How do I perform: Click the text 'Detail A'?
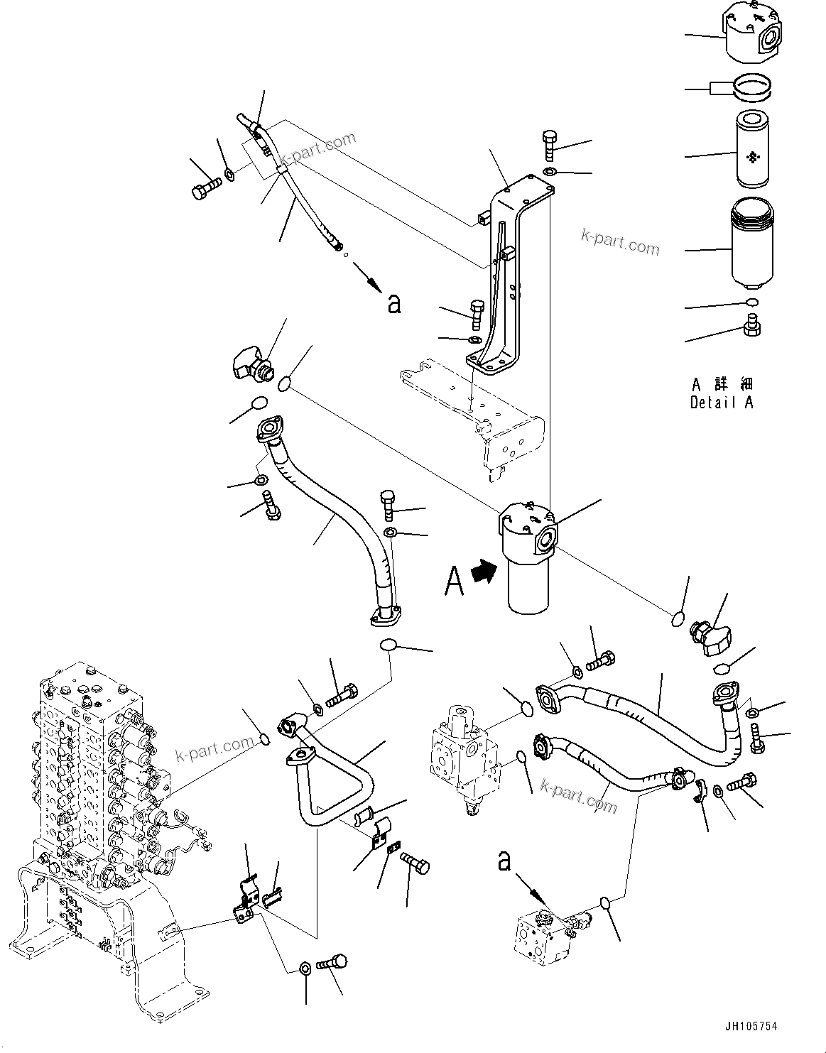pos(721,403)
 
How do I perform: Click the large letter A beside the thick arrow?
pos(455,582)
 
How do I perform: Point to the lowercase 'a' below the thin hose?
pos(394,304)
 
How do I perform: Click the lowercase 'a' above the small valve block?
pos(504,861)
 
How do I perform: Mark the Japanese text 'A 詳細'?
pos(722,384)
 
